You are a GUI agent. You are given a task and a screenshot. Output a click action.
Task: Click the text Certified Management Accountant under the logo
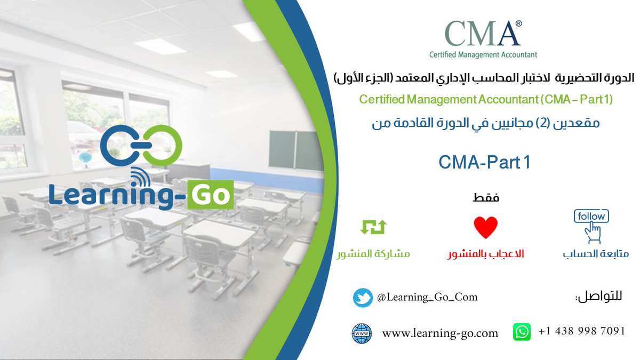(x=483, y=54)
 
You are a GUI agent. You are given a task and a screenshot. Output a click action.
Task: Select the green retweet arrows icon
(x=373, y=227)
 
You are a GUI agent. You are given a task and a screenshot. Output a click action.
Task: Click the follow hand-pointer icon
(x=591, y=226)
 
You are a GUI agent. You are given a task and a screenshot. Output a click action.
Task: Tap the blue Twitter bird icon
(x=363, y=298)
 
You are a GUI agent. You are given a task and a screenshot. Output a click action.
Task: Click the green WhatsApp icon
(x=522, y=332)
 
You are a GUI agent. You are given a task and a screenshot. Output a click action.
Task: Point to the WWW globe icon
(x=362, y=333)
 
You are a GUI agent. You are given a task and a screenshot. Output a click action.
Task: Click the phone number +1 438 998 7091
(x=581, y=331)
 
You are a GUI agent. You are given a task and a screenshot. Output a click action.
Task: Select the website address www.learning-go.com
(x=440, y=334)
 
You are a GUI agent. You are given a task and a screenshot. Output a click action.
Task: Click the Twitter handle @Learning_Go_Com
(x=427, y=297)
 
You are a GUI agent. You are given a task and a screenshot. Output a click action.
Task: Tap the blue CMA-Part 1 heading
(x=484, y=163)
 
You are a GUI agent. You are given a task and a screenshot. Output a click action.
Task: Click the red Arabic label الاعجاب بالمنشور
(x=485, y=254)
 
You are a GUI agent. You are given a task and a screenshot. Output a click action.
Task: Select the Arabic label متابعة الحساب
(x=595, y=254)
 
